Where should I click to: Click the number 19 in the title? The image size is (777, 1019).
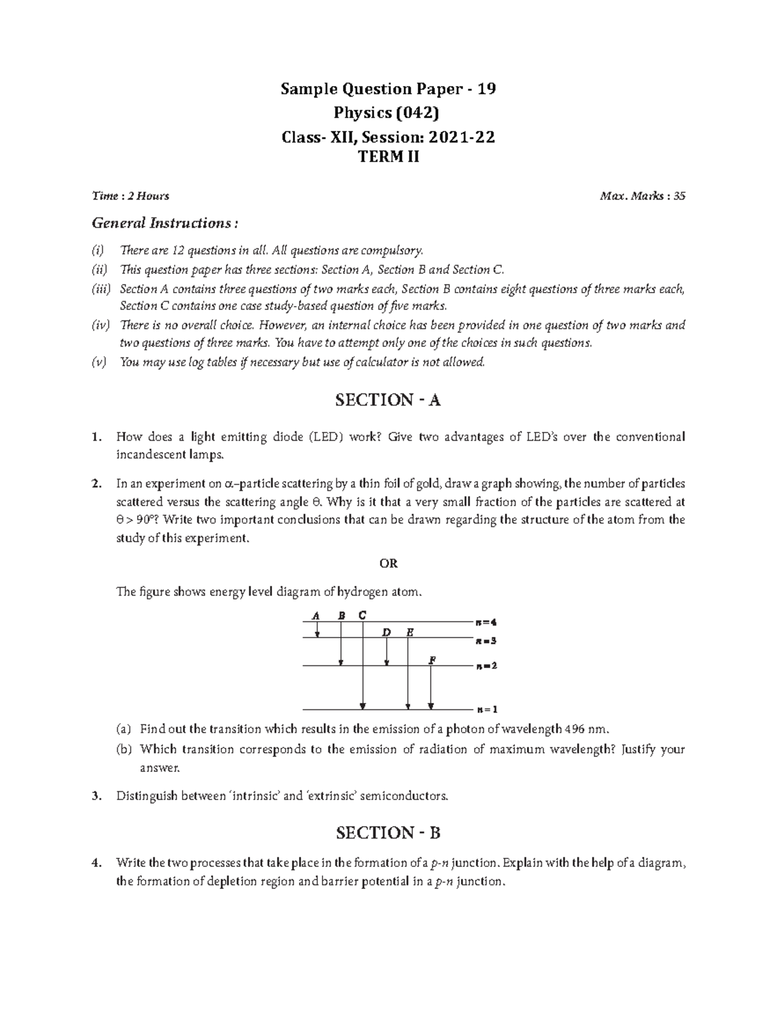point(487,89)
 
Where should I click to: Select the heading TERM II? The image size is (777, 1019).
point(388,156)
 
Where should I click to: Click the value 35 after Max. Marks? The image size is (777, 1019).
point(679,196)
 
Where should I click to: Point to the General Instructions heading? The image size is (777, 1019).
point(164,223)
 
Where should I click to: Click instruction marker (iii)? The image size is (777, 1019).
point(101,289)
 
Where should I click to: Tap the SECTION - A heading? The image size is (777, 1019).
point(388,400)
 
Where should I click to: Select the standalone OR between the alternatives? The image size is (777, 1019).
point(388,563)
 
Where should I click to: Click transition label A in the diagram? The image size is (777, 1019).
point(316,615)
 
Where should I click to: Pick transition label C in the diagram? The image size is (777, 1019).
point(362,614)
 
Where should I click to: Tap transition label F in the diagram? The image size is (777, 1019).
point(432,660)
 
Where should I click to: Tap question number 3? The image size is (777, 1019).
point(96,796)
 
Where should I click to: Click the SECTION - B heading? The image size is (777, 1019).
point(388,833)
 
